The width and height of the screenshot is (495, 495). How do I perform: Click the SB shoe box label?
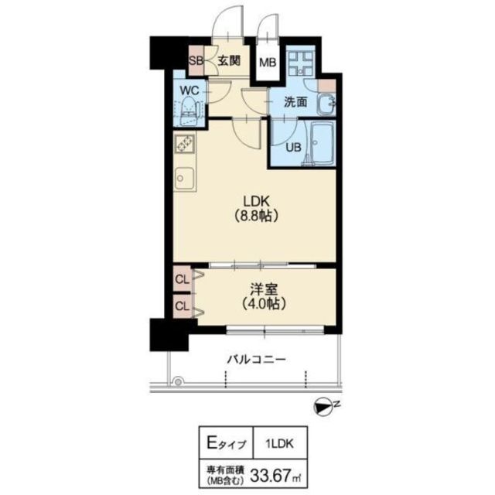(x=196, y=60)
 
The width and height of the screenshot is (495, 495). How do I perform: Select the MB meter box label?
(x=268, y=62)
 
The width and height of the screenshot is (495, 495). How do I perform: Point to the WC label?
(x=189, y=90)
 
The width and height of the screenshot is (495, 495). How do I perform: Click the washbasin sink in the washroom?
(x=326, y=104)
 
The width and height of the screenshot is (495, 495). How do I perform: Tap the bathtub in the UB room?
(x=322, y=144)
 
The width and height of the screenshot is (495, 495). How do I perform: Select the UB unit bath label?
(x=293, y=148)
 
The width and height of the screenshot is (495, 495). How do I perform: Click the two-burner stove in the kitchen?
(x=185, y=144)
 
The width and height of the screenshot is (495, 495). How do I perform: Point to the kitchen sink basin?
(x=184, y=179)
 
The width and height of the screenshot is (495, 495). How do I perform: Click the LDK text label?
(x=255, y=201)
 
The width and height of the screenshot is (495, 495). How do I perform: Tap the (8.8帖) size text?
(x=255, y=217)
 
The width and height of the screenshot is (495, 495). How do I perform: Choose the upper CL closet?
(x=183, y=279)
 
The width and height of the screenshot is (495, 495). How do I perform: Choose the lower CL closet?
(x=183, y=306)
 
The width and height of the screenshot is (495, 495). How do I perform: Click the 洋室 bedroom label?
(x=264, y=289)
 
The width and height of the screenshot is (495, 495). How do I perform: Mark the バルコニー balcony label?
(x=256, y=359)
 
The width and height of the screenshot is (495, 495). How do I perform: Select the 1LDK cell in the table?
(x=280, y=444)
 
